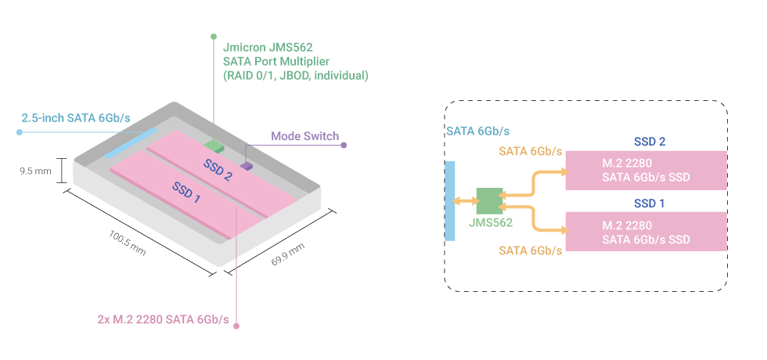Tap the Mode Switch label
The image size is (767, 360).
[x=304, y=136]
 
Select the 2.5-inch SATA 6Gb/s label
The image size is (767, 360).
[x=75, y=117]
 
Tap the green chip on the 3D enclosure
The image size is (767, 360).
[x=214, y=146]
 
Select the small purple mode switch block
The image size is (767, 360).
[x=247, y=166]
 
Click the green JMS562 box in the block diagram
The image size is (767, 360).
[x=489, y=201]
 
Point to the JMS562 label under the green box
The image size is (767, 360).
[x=491, y=223]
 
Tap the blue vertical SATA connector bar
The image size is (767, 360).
[x=449, y=201]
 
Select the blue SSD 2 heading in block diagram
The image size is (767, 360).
[x=649, y=142]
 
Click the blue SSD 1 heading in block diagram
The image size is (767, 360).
[x=649, y=203]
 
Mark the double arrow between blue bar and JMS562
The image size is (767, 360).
[x=466, y=202]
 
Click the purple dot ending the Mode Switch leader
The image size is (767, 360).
[x=344, y=145]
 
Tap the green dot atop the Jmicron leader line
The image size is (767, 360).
[x=214, y=36]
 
